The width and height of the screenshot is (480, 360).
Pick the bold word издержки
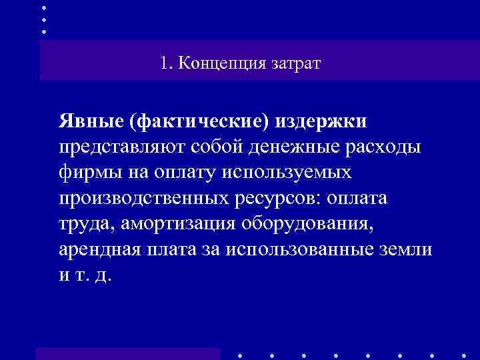[x=323, y=122]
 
